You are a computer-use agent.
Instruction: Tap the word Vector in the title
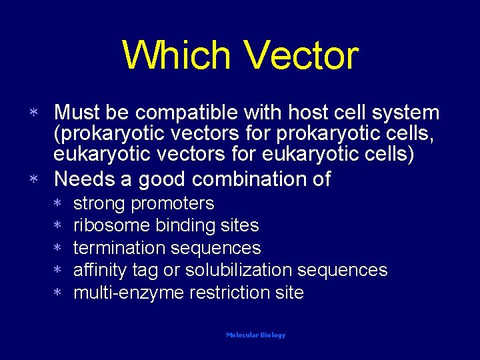[303, 55]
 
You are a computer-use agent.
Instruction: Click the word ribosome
[111, 226]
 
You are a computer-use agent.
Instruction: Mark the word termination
[119, 248]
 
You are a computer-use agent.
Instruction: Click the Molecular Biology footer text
[255, 335]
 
